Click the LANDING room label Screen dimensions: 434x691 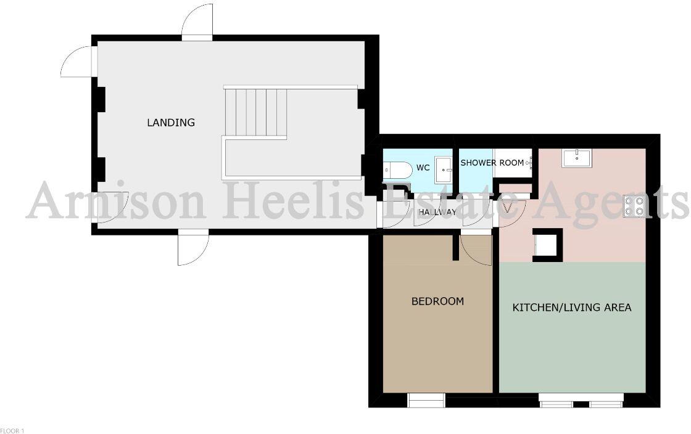click(171, 123)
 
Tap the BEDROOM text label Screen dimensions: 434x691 click(437, 301)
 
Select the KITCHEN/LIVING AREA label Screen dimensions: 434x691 click(572, 307)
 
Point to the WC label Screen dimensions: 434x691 click(423, 168)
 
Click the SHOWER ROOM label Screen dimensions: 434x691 click(492, 163)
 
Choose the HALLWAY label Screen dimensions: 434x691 click(437, 212)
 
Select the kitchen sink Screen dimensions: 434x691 click(576, 158)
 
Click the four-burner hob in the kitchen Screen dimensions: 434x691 click(634, 205)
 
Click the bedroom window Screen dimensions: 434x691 click(426, 401)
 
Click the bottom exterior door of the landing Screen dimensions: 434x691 click(192, 248)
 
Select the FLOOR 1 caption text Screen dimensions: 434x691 click(12, 430)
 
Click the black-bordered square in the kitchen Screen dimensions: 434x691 click(547, 245)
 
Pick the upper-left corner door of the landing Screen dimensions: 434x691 click(77, 62)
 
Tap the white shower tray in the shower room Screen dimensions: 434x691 click(512, 163)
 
